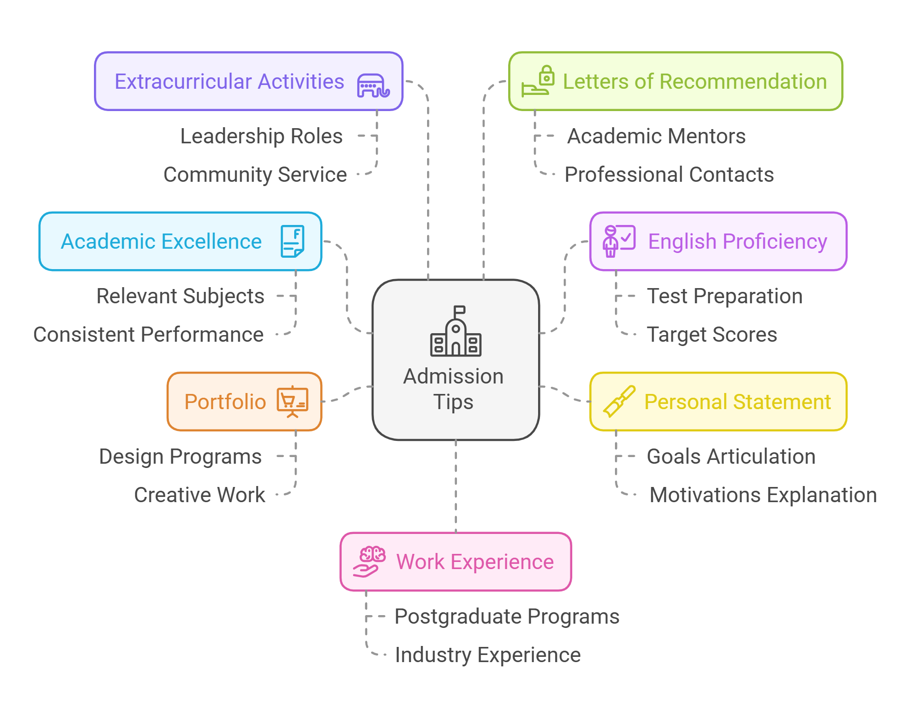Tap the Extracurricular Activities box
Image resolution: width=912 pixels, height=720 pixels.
pos(249,81)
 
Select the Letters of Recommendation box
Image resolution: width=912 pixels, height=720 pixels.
pos(675,81)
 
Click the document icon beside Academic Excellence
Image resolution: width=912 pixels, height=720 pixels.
pos(292,241)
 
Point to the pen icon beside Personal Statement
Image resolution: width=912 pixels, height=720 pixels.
pos(619,402)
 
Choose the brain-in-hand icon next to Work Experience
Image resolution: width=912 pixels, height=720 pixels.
pos(369,561)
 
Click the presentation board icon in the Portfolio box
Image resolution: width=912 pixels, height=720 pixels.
pos(292,402)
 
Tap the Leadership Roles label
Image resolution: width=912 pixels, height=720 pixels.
pos(261,136)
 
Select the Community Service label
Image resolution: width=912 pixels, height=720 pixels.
pos(255,175)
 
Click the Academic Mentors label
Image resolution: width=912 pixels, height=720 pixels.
pos(656,136)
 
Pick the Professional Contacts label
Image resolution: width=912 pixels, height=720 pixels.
pos(669,175)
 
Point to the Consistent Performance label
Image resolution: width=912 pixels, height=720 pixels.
pos(148,335)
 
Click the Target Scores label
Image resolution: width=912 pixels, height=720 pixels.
pos(712,335)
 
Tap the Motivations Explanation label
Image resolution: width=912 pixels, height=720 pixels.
pos(763,495)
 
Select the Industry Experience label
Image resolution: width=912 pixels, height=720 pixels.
pos(488,655)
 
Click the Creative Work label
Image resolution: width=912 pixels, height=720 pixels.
pos(199,495)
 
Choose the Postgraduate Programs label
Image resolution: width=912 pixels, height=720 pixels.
pos(507,617)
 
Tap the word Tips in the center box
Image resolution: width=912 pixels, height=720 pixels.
pos(453,402)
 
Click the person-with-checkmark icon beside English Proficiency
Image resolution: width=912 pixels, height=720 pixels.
pos(618,241)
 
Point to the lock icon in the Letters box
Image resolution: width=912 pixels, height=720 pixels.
pos(547,75)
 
